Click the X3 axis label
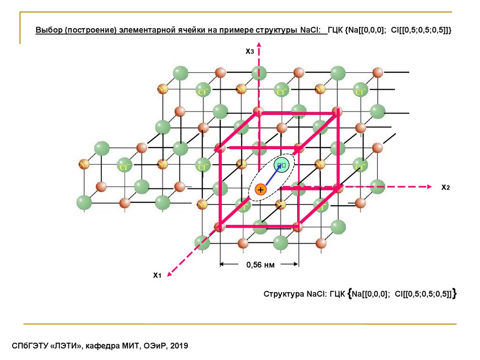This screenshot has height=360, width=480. click(x=249, y=51)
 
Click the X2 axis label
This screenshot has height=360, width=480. click(x=445, y=187)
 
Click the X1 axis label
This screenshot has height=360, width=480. click(x=157, y=275)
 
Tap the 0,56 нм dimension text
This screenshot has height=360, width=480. click(x=260, y=265)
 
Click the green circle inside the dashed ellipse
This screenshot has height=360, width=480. click(x=281, y=165)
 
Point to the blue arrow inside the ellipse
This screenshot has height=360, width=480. click(x=271, y=177)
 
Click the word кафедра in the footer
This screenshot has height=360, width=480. click(x=105, y=346)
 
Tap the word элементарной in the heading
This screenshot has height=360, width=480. click(x=158, y=30)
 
